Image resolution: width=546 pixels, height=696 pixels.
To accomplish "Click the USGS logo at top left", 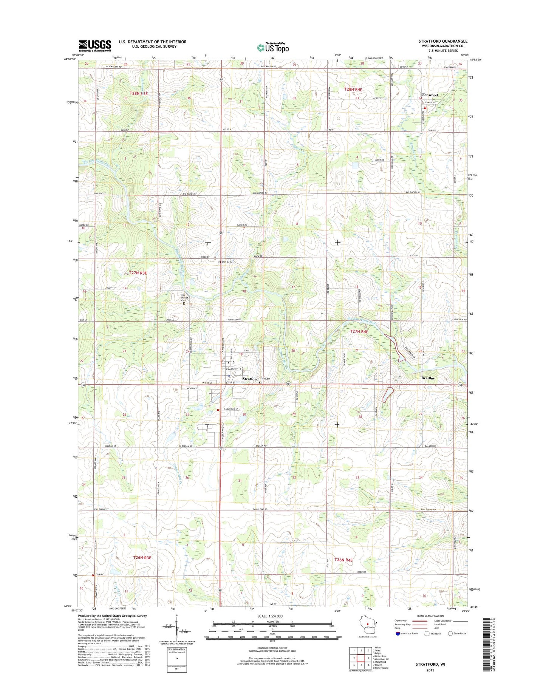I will [x=94, y=45].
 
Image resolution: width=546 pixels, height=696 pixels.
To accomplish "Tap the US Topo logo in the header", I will [x=273, y=47].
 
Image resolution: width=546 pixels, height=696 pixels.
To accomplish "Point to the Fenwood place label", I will [x=430, y=95].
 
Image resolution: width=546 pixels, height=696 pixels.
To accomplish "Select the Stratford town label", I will [x=250, y=379].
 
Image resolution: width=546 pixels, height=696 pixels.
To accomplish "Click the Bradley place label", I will [x=428, y=378].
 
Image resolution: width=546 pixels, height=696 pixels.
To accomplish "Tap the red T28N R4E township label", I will [x=353, y=90].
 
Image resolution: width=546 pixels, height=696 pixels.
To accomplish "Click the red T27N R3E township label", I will [x=138, y=272].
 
